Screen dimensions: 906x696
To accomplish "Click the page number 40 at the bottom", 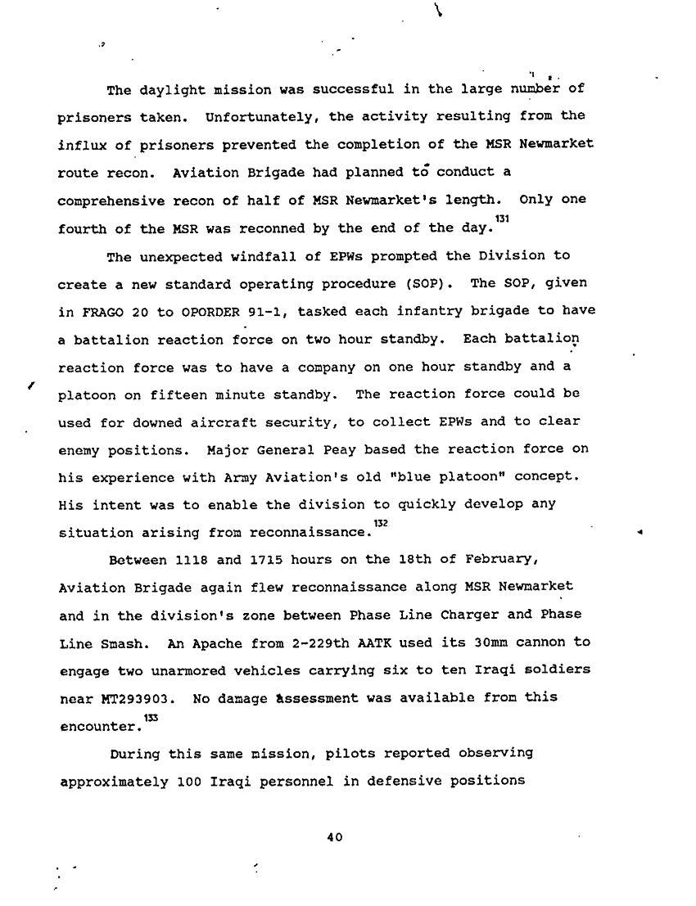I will click(x=332, y=837).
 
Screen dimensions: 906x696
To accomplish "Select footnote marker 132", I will click(x=379, y=522).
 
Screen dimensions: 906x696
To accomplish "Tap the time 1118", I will click(x=194, y=559).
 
